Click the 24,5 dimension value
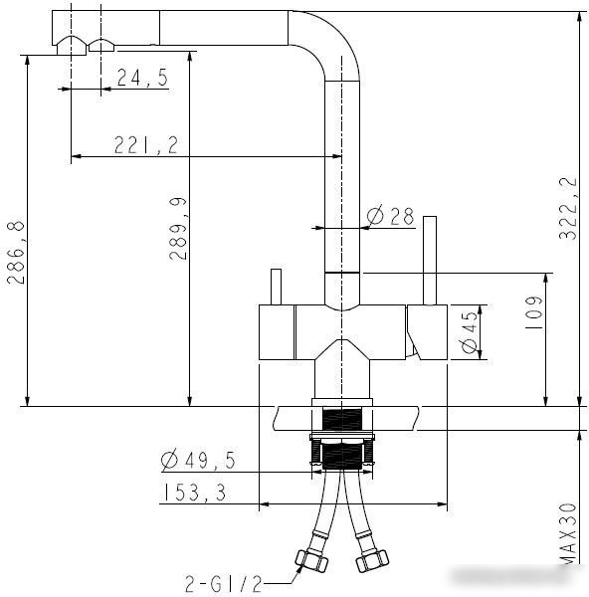142,78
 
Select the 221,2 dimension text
146,145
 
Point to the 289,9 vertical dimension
178,229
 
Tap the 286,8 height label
16,253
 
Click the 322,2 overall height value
568,208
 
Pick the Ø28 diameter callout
390,216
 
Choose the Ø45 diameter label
469,332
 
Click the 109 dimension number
533,312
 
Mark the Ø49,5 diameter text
198,460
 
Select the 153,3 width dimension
195,493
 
